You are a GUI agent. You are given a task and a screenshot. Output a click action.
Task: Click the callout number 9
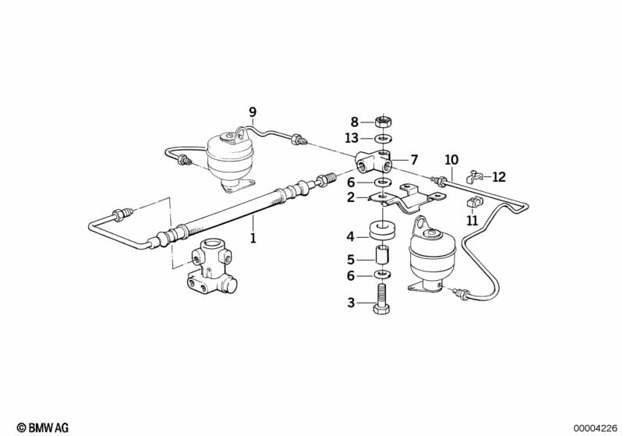(252, 112)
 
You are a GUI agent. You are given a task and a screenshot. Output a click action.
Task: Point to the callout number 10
(451, 161)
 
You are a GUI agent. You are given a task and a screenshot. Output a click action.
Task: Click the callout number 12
(499, 177)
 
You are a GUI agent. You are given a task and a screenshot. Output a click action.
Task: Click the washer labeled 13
(382, 139)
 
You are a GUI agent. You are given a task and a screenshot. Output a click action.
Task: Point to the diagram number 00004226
(595, 427)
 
